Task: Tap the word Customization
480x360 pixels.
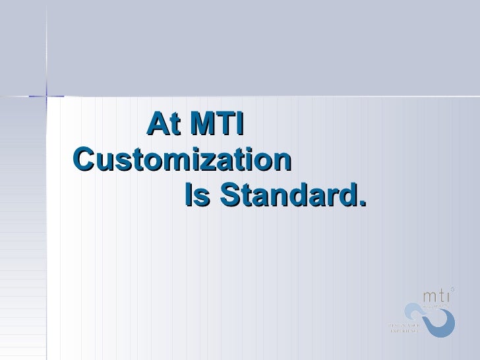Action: coord(183,160)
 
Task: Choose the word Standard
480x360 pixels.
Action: coord(290,195)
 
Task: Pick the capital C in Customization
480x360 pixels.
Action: coord(85,160)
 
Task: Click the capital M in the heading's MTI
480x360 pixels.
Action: coord(200,124)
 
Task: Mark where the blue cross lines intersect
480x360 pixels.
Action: coord(47,97)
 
